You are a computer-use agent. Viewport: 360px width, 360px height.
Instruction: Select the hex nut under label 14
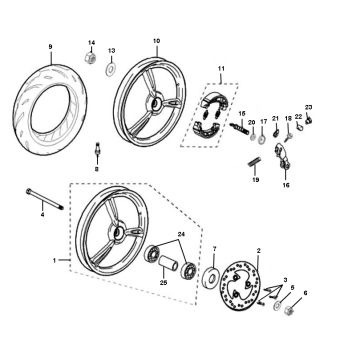[90, 58]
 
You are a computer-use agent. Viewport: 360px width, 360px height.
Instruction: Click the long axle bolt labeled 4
[45, 199]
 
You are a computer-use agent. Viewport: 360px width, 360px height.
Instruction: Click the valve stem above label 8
[97, 148]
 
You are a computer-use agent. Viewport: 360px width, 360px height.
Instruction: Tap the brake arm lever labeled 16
[282, 157]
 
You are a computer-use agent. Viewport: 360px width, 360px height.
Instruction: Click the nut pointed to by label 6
[288, 311]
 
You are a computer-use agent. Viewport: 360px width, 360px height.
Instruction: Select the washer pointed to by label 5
[277, 306]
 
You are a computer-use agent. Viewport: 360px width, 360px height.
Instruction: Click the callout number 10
[156, 41]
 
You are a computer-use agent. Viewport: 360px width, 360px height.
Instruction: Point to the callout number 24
[181, 234]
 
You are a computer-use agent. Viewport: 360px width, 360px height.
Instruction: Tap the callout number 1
[55, 261]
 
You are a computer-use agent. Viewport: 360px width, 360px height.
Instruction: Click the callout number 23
[308, 107]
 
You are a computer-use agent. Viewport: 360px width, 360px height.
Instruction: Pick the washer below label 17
[262, 139]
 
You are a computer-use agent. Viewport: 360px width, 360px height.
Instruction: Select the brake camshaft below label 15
[239, 128]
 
